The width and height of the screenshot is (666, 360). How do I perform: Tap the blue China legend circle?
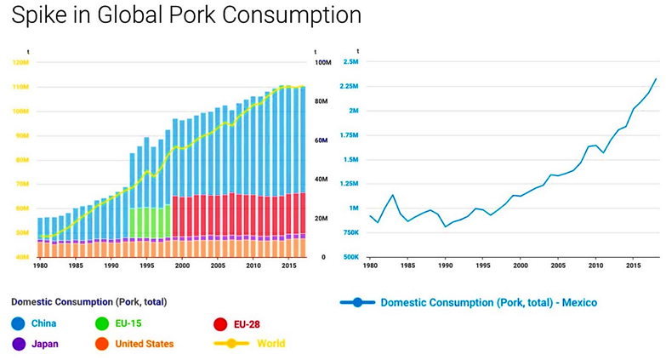tap(19, 323)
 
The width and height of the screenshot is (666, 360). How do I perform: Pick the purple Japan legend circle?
tap(19, 344)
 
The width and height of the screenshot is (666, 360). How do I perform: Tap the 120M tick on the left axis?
tap(21, 62)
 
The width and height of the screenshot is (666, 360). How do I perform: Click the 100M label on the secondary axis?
tap(322, 63)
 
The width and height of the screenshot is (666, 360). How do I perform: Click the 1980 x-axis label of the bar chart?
tap(40, 266)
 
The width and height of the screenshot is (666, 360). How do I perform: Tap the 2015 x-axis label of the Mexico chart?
tap(635, 266)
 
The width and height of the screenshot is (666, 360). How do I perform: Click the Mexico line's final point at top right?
tap(656, 78)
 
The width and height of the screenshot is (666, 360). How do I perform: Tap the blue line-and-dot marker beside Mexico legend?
tap(357, 302)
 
